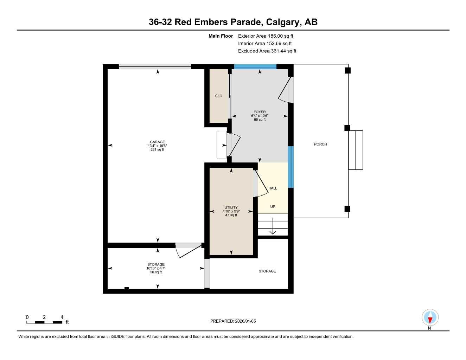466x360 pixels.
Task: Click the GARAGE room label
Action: (157, 142)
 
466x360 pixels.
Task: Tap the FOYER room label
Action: (260, 112)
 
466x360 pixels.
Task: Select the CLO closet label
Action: (218, 96)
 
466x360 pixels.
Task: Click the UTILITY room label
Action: (231, 207)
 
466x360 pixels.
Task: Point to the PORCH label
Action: (320, 144)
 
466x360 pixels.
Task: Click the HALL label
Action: (273, 188)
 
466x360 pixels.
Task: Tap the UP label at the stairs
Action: (273, 207)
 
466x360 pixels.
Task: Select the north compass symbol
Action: (430, 318)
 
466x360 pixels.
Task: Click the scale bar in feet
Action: (44, 322)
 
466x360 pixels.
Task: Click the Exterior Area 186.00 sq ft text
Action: (266, 36)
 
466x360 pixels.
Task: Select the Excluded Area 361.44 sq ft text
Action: (267, 51)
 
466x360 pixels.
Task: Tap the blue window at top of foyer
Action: (255, 66)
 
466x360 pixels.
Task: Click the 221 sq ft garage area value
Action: (157, 150)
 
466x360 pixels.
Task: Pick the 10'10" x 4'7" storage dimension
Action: (156, 268)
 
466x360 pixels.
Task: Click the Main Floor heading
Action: (221, 36)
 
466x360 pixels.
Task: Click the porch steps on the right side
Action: (356, 150)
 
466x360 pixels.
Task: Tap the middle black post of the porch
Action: (347, 128)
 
